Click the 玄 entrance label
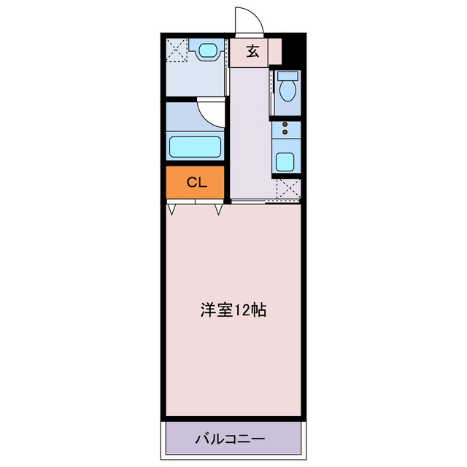coord(252,51)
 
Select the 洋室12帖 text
coord(233,309)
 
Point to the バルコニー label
coord(230,439)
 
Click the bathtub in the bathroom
coord(195,146)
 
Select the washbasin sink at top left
coord(207,51)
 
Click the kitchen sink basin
coord(285,161)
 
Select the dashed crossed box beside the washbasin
coord(177,50)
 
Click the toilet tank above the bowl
coord(287,75)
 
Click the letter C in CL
coord(190,183)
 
